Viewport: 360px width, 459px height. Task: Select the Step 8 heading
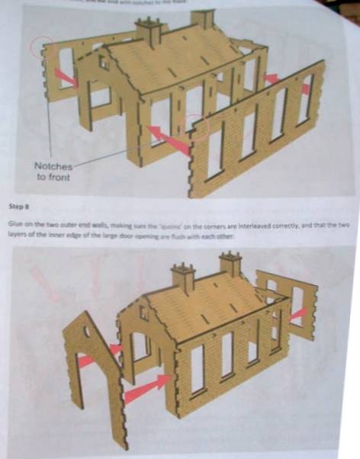[19, 206]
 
